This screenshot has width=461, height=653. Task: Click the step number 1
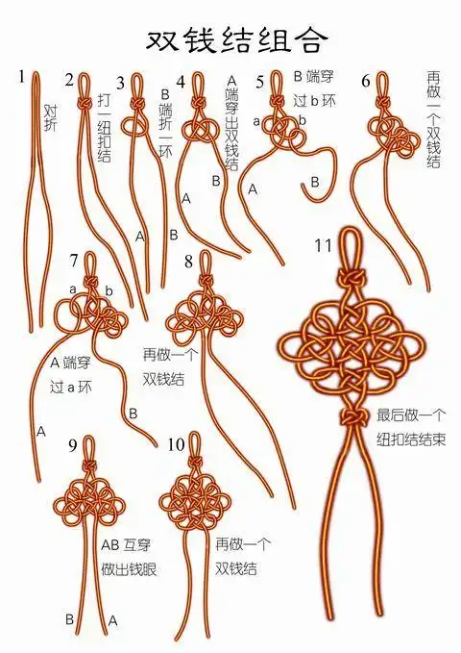[x=22, y=75]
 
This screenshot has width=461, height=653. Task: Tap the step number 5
[x=259, y=81]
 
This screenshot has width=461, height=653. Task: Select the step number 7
[x=75, y=260]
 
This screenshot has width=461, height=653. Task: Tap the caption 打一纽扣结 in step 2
[x=105, y=127]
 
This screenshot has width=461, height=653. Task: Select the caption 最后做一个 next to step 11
[x=411, y=415]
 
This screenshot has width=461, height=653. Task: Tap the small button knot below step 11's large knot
[x=352, y=415]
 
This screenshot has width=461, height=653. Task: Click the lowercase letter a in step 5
[x=256, y=121]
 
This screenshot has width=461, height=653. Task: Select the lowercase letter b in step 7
[x=109, y=290]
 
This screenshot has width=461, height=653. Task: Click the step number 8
[x=189, y=260]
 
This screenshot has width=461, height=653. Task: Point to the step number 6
[x=366, y=81]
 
